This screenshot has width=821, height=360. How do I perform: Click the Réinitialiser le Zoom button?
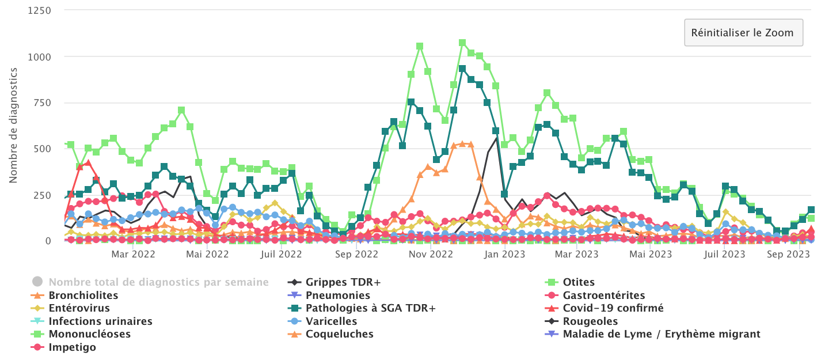tap(743, 32)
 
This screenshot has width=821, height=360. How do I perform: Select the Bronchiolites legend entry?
tap(83, 295)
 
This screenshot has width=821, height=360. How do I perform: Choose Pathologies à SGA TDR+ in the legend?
tap(370, 308)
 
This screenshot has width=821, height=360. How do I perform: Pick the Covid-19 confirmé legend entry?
tap(613, 308)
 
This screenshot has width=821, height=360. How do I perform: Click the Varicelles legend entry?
tap(331, 321)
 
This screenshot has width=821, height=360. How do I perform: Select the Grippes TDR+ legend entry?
tap(343, 282)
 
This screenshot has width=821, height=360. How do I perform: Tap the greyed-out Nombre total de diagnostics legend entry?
tap(158, 282)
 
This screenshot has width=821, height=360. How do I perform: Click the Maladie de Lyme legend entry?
tap(662, 334)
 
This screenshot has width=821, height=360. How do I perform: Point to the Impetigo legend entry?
tap(73, 347)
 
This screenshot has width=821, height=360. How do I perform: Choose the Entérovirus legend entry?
tap(80, 308)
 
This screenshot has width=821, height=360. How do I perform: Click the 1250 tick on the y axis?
tap(39, 10)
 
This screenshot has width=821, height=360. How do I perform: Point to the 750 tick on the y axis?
tap(42, 103)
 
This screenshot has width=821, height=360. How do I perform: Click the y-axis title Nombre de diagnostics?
tap(13, 125)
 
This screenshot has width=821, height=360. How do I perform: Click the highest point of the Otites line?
tap(462, 43)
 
